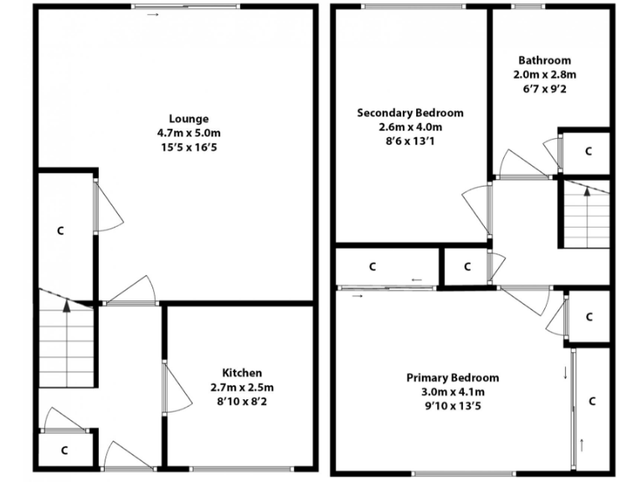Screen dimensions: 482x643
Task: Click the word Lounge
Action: (x=188, y=119)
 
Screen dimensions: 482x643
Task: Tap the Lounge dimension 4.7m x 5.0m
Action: (x=188, y=133)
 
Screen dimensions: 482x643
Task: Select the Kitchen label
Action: (x=242, y=372)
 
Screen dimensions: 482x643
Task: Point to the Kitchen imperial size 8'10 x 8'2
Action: (x=242, y=401)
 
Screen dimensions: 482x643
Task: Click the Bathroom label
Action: (x=544, y=60)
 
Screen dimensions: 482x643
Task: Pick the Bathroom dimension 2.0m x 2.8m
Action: (x=544, y=74)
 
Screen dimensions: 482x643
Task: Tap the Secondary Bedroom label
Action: (x=409, y=113)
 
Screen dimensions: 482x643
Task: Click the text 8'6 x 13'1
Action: (x=409, y=141)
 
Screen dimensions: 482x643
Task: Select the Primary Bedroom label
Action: (x=452, y=377)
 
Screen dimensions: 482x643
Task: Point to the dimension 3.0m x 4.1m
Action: (x=452, y=392)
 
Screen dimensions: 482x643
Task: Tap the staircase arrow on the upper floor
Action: (x=586, y=191)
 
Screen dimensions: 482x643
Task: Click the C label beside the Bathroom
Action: (x=588, y=151)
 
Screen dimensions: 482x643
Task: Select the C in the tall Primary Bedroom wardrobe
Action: (x=592, y=401)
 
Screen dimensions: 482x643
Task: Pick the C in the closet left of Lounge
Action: (x=60, y=229)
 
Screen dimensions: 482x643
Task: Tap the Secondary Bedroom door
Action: (x=477, y=209)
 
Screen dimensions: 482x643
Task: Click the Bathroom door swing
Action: (x=519, y=163)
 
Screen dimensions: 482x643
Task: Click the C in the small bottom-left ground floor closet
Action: (x=64, y=449)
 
